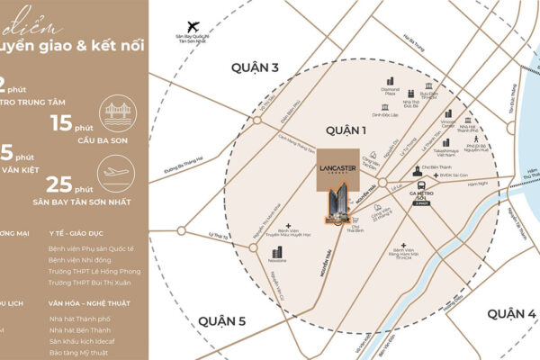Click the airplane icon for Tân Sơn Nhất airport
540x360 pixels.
point(191,27)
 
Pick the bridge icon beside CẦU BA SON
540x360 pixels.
point(117,113)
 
